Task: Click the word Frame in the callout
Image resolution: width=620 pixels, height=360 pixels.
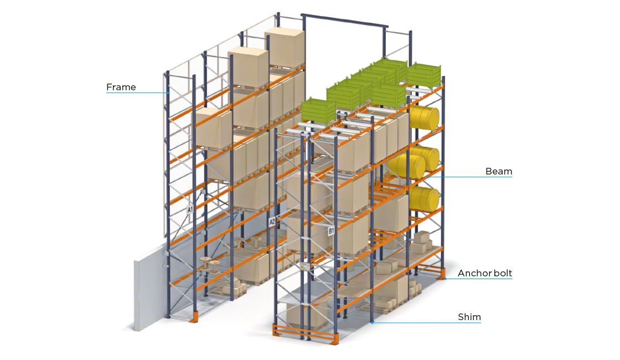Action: (x=121, y=87)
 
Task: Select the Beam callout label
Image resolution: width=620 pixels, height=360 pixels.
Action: (x=498, y=171)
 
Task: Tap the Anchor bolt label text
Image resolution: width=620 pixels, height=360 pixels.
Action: (x=484, y=273)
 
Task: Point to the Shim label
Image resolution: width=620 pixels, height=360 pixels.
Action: (x=469, y=317)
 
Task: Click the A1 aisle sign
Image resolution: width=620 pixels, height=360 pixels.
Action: (x=190, y=210)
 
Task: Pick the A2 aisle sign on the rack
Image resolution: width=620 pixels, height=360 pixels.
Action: (x=272, y=222)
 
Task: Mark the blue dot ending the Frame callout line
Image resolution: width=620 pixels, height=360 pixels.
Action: (x=168, y=92)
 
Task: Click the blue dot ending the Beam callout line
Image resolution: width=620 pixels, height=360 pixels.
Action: (x=428, y=177)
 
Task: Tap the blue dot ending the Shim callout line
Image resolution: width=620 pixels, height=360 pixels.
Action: (x=373, y=322)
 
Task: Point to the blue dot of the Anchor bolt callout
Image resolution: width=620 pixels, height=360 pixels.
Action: (x=445, y=279)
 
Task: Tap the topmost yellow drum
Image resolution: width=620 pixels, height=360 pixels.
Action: (x=425, y=118)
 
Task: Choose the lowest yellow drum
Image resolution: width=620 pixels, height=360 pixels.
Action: (x=425, y=199)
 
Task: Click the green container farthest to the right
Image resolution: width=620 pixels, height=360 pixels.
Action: (x=424, y=74)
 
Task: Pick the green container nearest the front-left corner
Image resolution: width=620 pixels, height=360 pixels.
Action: (x=318, y=110)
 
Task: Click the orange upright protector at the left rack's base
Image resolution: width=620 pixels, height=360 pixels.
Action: (x=194, y=317)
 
